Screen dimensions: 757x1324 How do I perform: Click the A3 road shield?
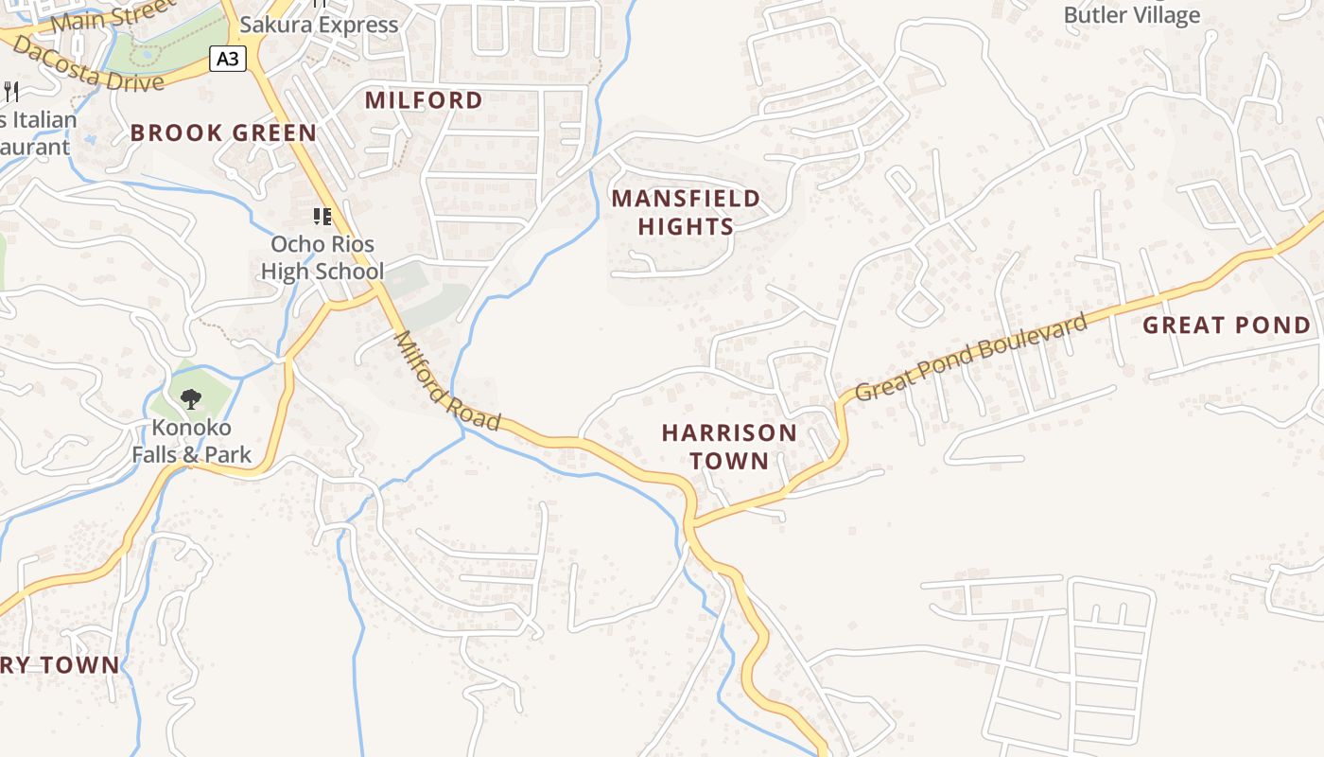click(227, 60)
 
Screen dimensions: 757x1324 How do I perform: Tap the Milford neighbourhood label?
click(424, 100)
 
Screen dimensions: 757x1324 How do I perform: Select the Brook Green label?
click(223, 132)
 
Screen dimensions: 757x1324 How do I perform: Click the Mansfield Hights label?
click(686, 212)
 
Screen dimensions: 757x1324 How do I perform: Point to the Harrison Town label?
click(728, 447)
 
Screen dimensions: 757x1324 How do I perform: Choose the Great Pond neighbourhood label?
click(1227, 326)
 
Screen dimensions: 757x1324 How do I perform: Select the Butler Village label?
click(1131, 15)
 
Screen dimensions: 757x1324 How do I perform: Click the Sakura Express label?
click(319, 25)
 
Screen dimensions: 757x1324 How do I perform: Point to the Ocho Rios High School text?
click(322, 257)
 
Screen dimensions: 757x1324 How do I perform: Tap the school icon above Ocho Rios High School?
click(322, 217)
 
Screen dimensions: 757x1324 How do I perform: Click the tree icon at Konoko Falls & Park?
click(191, 398)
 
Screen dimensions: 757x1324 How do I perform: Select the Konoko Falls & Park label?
click(191, 441)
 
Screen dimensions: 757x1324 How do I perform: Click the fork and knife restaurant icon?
click(11, 91)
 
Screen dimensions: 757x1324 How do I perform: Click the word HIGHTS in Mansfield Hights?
click(686, 226)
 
